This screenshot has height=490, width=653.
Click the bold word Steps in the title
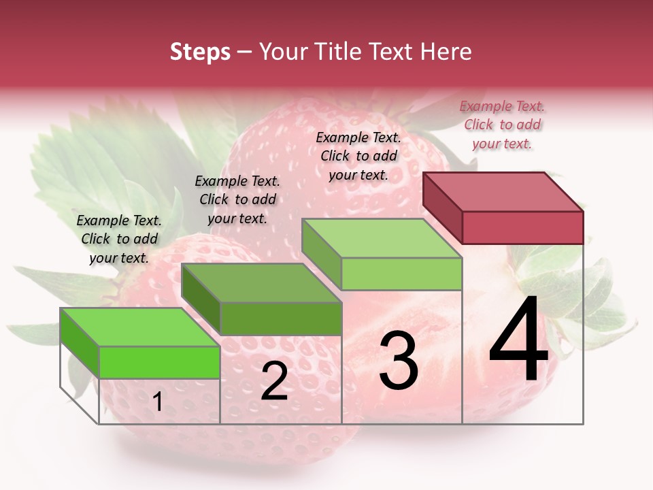(200, 52)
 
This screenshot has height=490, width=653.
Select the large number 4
(519, 341)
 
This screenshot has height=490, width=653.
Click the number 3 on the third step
(398, 361)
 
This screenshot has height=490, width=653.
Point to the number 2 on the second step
(274, 381)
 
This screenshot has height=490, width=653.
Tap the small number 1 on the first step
(157, 402)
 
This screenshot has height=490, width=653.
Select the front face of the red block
(522, 227)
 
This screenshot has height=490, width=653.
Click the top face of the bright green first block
(140, 327)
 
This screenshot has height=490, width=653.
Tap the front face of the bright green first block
(159, 362)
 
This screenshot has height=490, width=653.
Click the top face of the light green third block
(382, 238)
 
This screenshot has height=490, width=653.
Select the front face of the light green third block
(401, 274)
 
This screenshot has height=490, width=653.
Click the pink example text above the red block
(502, 125)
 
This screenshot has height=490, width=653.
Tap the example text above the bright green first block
(119, 239)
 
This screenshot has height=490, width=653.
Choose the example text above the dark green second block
(237, 199)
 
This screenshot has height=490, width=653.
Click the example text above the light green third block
(358, 156)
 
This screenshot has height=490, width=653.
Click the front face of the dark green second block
(281, 318)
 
